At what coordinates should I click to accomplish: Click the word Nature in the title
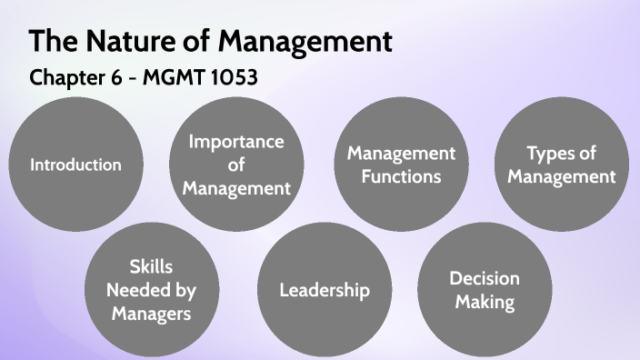coord(124,41)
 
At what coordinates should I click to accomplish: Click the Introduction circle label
coord(75,165)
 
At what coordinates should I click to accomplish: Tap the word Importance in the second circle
coord(236,142)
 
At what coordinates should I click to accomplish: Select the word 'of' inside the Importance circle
coord(236,165)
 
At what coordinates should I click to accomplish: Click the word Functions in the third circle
coord(401,176)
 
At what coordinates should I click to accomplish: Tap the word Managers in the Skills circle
coord(152,314)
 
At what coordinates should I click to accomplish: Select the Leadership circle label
coord(325,291)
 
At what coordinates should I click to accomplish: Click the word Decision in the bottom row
coord(485,279)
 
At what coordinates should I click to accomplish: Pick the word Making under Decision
coord(485,302)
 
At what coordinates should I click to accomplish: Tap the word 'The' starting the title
coord(51,41)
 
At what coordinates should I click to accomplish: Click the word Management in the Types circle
coord(562,176)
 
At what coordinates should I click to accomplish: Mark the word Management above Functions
coord(401,153)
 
